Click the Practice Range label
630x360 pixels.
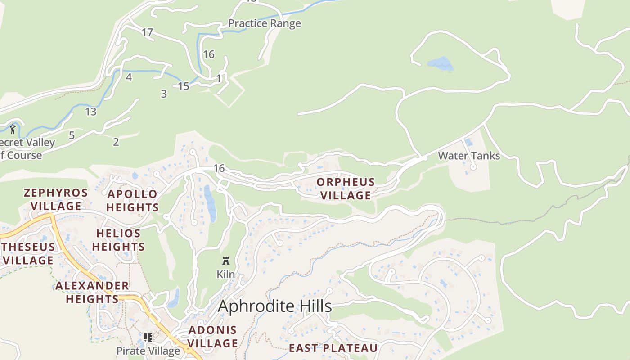pyautogui.click(x=265, y=23)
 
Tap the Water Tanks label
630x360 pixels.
pyautogui.click(x=469, y=156)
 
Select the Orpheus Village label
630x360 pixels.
pyautogui.click(x=346, y=189)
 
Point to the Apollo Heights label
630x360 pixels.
pyautogui.click(x=132, y=201)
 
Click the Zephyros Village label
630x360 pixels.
pyautogui.click(x=56, y=199)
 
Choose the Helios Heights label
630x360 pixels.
pyautogui.click(x=119, y=240)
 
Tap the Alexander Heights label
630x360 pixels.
pyautogui.click(x=92, y=292)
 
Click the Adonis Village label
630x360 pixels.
pyautogui.click(x=212, y=337)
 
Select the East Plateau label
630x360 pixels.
pyautogui.click(x=333, y=348)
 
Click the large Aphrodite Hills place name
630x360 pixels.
pyautogui.click(x=275, y=306)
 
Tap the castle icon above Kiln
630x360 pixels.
pyautogui.click(x=226, y=261)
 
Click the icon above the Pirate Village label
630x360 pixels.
pyautogui.click(x=148, y=337)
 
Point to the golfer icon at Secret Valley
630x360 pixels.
pyautogui.click(x=13, y=130)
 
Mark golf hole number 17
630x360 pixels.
pyautogui.click(x=148, y=32)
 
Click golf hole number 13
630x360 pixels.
pyautogui.click(x=91, y=112)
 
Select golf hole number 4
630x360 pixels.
pyautogui.click(x=129, y=77)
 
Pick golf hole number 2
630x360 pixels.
pyautogui.click(x=116, y=142)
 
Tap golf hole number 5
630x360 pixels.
pyautogui.click(x=72, y=135)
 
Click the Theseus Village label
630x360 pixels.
pyautogui.click(x=29, y=253)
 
